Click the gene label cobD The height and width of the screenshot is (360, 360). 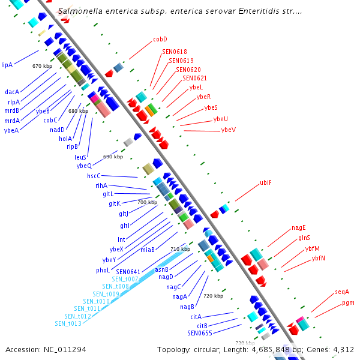tap(160, 39)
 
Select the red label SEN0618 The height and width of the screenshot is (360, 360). tap(174, 52)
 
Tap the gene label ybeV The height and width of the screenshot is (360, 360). tap(228, 130)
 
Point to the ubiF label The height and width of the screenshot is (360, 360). tap(265, 182)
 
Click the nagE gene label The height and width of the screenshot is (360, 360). tap(298, 227)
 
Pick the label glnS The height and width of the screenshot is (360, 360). tap(304, 238)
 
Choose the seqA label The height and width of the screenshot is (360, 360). tap(342, 292)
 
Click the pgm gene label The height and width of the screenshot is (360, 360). tap(348, 303)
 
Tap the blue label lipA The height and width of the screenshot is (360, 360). tap(7, 65)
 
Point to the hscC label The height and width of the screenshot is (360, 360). tap(94, 176)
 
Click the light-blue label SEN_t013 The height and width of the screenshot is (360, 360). tap(68, 324)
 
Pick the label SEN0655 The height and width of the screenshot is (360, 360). tap(199, 333)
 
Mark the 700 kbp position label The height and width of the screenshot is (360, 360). tap(147, 203)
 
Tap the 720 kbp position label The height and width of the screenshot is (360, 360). tap(213, 296)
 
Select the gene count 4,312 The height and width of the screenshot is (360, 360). tap(342, 349)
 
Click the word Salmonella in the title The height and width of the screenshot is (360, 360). tap(80, 11)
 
